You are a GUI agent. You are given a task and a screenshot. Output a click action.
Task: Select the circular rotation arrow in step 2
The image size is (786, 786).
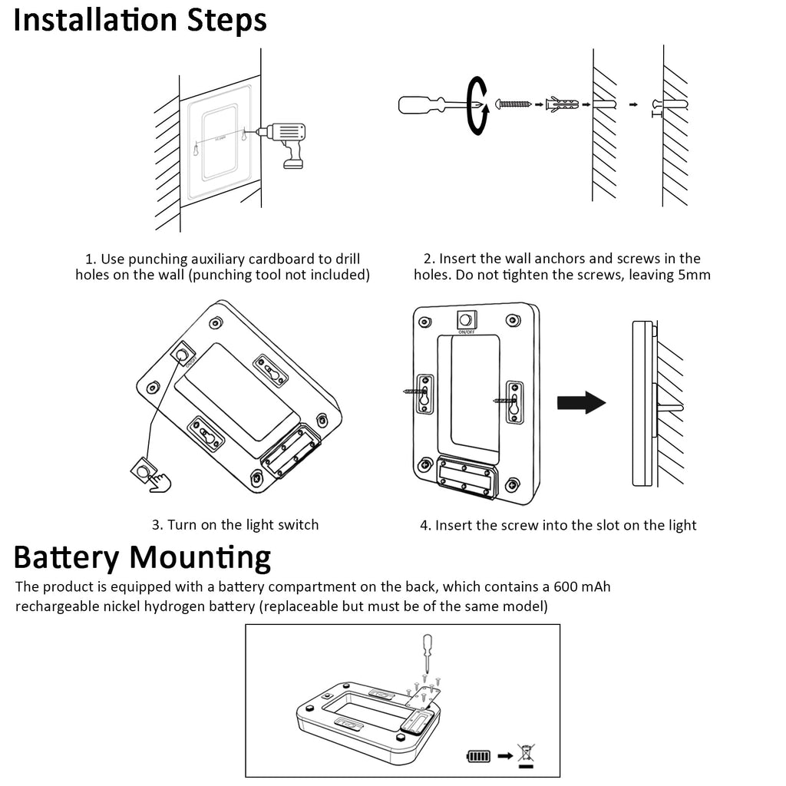click(x=477, y=105)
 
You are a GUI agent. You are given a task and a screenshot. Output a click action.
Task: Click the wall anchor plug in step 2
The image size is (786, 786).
click(x=562, y=104)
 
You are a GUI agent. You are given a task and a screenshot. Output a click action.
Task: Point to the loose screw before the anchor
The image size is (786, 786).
click(x=514, y=104)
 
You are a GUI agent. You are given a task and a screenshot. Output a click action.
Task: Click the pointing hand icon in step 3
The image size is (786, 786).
click(x=160, y=482)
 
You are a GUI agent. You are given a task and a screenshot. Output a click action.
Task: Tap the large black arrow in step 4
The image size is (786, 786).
click(x=582, y=402)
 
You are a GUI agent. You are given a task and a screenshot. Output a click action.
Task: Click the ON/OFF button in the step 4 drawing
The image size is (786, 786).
click(x=467, y=320)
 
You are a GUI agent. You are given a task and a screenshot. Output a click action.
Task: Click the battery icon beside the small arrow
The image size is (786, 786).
click(x=478, y=755)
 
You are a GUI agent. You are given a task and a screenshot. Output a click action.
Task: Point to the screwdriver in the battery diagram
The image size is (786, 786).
click(x=427, y=653)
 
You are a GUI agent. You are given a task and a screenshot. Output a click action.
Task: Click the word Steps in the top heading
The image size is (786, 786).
click(x=226, y=20)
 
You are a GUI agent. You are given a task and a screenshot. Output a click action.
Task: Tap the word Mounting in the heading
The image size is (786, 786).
click(x=200, y=558)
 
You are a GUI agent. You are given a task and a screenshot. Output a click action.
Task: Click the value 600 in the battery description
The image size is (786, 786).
click(x=566, y=586)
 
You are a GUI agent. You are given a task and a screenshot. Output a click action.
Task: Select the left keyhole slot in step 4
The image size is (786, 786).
click(x=425, y=394)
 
